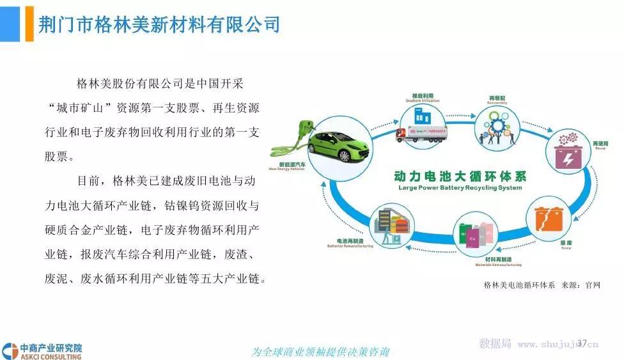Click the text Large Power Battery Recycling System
(x=460, y=188)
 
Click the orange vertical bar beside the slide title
(x=29, y=24)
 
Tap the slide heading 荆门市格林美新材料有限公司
(x=159, y=25)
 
